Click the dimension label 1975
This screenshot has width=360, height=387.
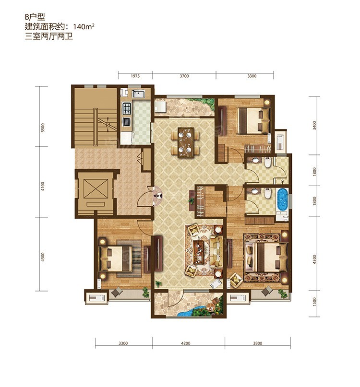(135, 76)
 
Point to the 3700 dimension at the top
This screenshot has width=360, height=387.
(184, 76)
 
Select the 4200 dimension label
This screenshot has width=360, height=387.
(186, 343)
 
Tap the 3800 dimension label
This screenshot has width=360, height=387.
(257, 343)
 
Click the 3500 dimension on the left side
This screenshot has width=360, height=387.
(43, 128)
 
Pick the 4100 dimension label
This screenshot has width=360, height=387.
(43, 187)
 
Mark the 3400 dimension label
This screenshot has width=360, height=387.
(314, 125)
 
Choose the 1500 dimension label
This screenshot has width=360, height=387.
(314, 302)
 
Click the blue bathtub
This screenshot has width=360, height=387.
(282, 200)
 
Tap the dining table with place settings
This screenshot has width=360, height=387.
(185, 142)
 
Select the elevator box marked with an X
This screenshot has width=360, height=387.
(96, 189)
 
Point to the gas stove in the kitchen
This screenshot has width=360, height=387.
(127, 108)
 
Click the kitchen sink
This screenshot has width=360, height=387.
(138, 94)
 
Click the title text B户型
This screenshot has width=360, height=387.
(35, 17)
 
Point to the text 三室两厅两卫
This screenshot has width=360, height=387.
(49, 36)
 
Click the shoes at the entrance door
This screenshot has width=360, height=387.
(157, 196)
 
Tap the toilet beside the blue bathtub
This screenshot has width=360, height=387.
(267, 193)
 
